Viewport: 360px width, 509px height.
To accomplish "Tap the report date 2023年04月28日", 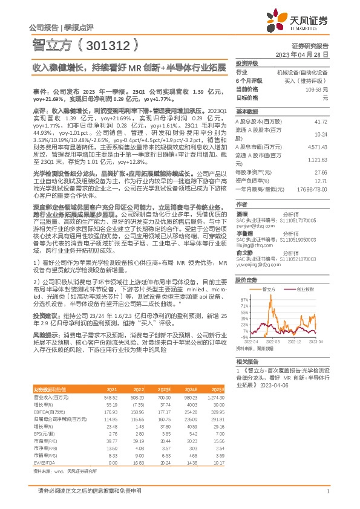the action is click(301, 54).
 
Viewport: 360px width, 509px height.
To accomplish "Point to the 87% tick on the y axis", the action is click(244, 299).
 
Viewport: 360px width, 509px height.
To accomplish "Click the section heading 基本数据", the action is click(247, 112).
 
